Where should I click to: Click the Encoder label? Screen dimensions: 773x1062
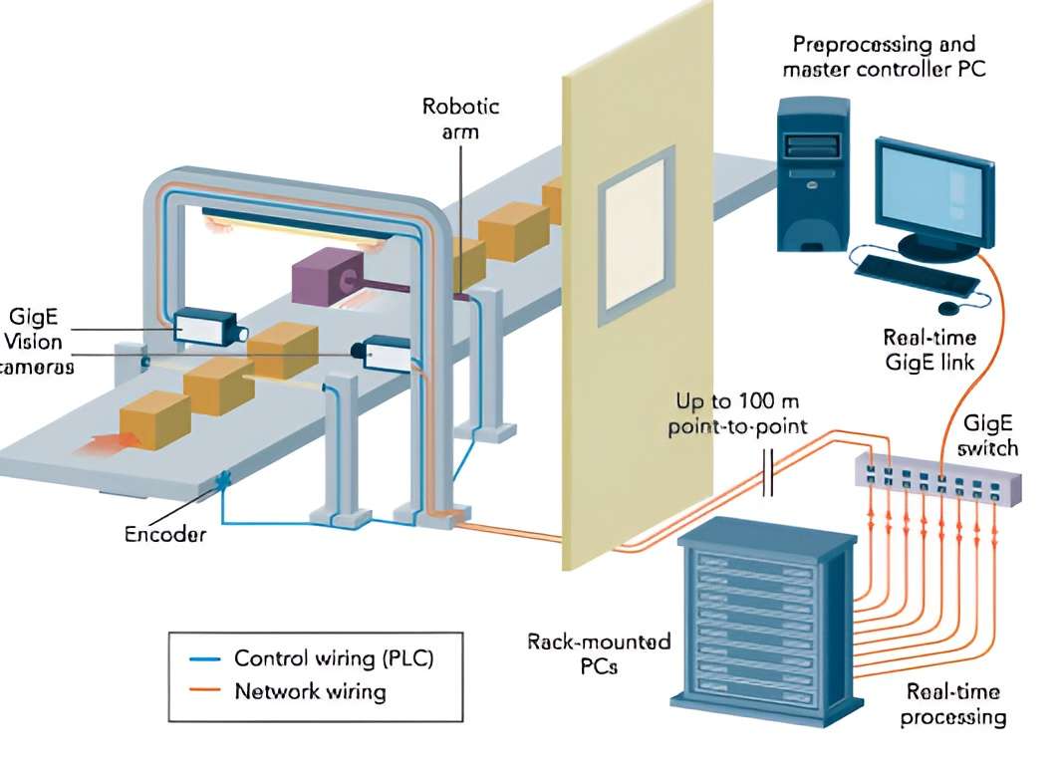tap(164, 534)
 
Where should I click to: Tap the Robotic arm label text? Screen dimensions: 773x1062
tap(460, 118)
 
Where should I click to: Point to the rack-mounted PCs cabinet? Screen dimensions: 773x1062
tap(766, 619)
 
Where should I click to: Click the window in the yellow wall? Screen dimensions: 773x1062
tap(634, 236)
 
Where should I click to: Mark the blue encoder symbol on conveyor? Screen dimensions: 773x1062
tap(222, 480)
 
